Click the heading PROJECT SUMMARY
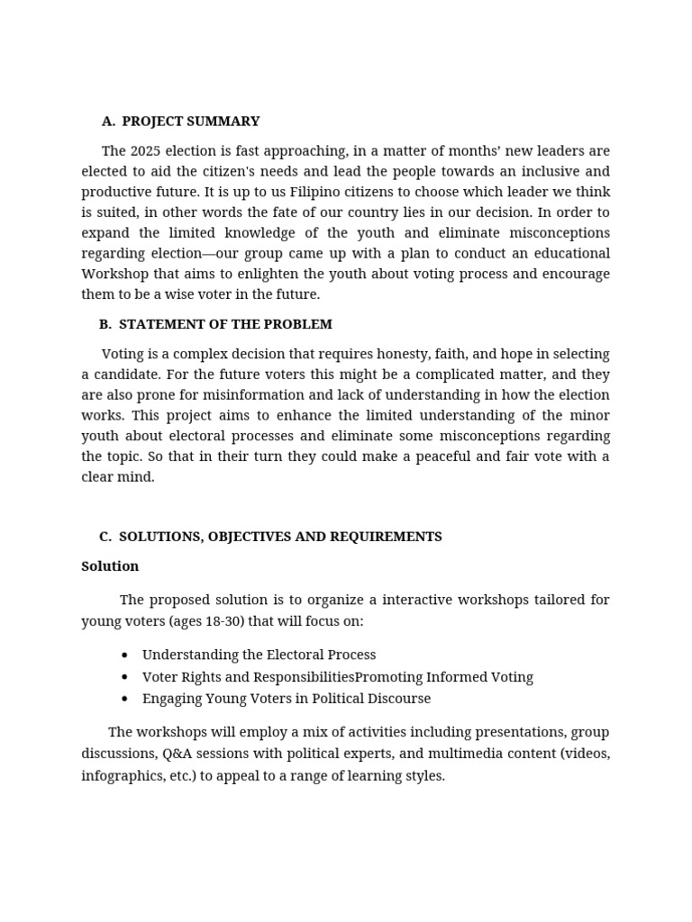(x=190, y=122)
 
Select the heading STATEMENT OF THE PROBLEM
(x=225, y=324)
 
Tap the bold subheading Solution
(x=110, y=566)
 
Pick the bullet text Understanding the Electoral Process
(x=259, y=655)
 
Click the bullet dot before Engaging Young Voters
(x=124, y=700)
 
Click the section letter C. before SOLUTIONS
(x=105, y=537)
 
